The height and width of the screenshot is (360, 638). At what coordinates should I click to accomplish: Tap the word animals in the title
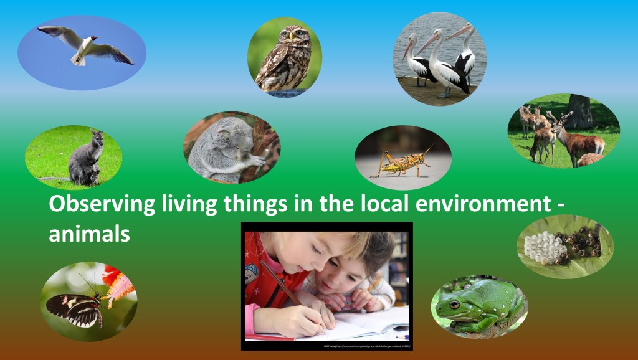(90, 235)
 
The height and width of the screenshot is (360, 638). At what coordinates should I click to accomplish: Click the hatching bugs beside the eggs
(579, 244)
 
